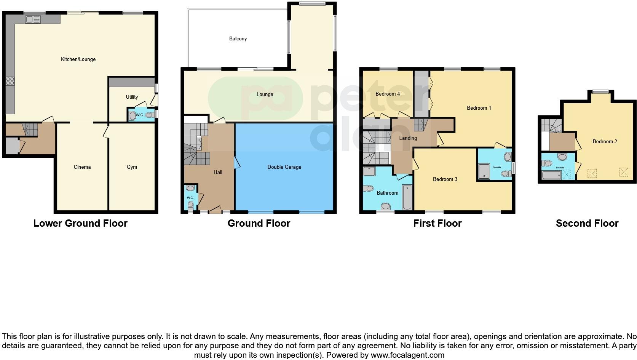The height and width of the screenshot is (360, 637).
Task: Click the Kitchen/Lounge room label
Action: point(78,59)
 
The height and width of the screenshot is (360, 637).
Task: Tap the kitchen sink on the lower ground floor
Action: point(33,19)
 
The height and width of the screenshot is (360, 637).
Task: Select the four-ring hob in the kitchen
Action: point(10,81)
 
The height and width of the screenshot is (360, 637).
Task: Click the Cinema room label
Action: point(82,167)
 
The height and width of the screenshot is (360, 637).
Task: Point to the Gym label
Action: point(132,167)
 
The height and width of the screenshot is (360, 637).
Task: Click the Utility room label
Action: point(132,97)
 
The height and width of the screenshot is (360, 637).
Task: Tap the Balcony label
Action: point(238,38)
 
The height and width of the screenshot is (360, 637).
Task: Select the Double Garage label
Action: point(284,167)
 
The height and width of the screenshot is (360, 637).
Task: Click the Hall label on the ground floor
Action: point(218,172)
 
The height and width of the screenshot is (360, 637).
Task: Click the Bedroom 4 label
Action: point(387,94)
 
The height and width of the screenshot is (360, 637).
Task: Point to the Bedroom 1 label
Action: point(479,108)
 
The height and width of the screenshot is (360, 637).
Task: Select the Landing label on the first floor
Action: point(408,138)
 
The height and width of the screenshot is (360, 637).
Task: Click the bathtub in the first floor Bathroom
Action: point(407,197)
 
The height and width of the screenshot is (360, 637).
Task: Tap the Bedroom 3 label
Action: point(445,179)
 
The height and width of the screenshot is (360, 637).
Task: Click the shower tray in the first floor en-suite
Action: point(484,171)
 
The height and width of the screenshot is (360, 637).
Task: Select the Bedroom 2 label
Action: point(605,141)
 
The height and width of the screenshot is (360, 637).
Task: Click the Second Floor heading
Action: point(587,223)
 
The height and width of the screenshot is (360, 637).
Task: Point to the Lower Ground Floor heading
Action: point(80,223)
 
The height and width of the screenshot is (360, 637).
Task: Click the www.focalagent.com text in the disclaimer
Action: point(407,355)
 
